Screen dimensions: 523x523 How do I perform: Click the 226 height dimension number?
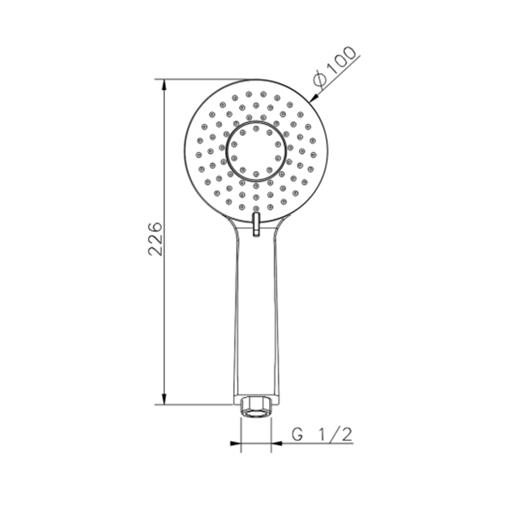(155, 238)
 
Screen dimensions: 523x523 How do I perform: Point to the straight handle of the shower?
(256, 314)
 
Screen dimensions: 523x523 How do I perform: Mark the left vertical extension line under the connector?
(241, 433)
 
